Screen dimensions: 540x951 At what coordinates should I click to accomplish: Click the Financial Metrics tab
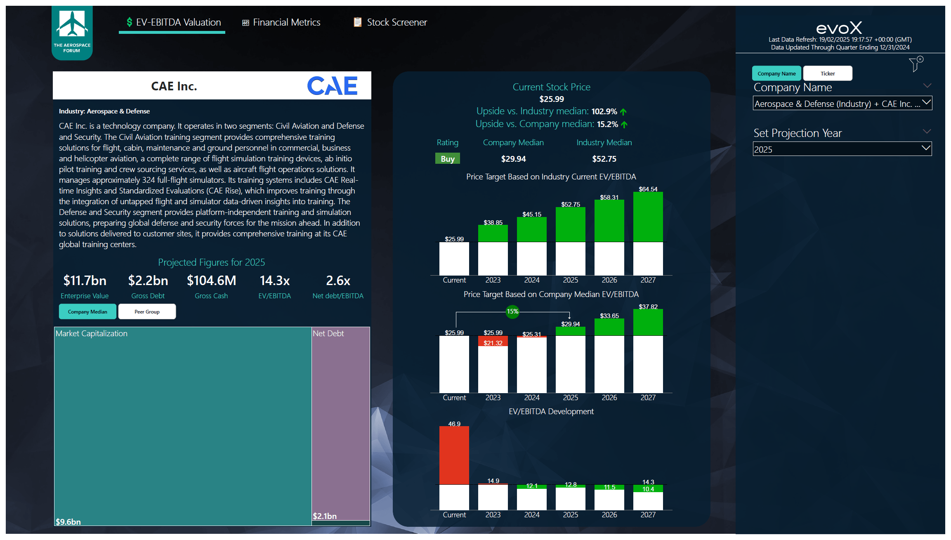281,22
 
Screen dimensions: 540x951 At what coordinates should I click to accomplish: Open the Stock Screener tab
390,22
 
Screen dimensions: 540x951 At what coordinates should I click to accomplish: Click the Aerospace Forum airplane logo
72,25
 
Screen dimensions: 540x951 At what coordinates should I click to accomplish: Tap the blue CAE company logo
332,86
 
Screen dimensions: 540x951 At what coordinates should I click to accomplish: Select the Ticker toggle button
827,73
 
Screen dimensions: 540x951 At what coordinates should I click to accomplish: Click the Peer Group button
147,312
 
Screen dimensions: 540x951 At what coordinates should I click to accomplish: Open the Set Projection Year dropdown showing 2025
842,149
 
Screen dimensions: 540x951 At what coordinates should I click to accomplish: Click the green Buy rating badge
447,159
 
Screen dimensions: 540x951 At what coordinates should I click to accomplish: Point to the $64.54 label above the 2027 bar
648,189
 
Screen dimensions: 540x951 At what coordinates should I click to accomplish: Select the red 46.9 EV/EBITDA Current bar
454,455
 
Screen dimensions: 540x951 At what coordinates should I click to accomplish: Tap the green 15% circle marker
512,311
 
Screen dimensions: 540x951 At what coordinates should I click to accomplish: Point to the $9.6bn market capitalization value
68,522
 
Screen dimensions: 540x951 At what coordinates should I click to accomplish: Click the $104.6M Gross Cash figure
211,281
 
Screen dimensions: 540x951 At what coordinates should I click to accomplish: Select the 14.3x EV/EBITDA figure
274,281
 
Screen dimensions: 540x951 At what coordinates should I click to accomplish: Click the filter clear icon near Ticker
916,64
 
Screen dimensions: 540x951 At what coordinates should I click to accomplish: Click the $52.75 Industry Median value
604,159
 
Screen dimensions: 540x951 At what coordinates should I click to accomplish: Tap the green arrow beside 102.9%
623,112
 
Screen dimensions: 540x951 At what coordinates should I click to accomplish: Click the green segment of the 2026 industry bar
609,221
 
